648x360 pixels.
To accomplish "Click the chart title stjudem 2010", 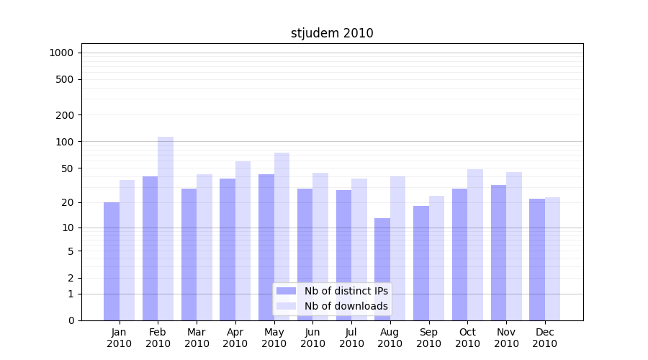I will [x=332, y=33].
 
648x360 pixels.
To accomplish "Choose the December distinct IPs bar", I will [x=537, y=259].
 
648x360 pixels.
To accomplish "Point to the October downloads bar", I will [x=475, y=245].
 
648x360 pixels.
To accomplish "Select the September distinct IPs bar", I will [x=421, y=263].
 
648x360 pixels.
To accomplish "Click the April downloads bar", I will [x=243, y=240].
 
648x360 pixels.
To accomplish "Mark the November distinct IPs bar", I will [x=498, y=253].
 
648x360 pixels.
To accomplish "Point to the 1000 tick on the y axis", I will [x=61, y=53].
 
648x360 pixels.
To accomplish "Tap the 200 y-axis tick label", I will [x=65, y=115].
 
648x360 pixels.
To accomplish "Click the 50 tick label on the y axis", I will [x=67, y=168].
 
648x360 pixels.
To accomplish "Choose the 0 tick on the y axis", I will [x=71, y=320].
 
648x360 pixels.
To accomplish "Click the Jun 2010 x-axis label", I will [x=312, y=338].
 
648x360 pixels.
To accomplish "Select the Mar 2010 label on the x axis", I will [x=197, y=338].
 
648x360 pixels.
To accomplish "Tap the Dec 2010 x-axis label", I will [x=544, y=338].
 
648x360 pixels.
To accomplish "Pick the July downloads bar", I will [x=359, y=249].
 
